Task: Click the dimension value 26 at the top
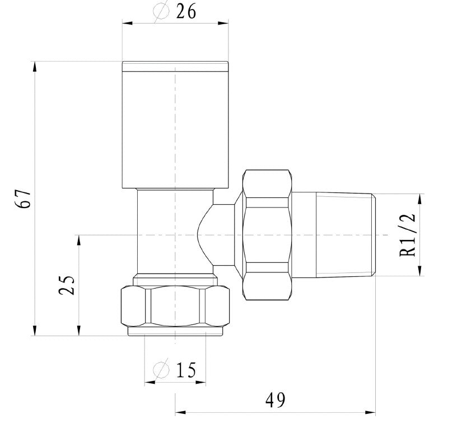click(186, 11)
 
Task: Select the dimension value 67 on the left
click(24, 198)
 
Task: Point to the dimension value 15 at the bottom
click(186, 370)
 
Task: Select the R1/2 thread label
click(409, 235)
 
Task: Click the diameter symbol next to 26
click(161, 11)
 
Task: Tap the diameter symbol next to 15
click(161, 370)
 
